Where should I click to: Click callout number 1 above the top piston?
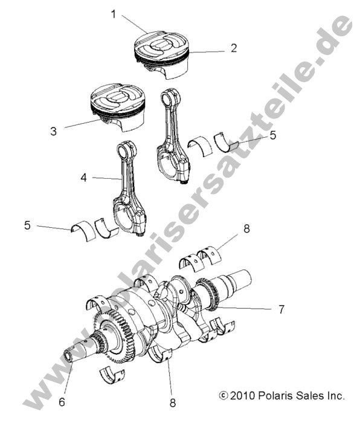click(x=113, y=13)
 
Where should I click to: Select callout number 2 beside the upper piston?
click(x=233, y=48)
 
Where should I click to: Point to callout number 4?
click(x=84, y=178)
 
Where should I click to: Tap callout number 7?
click(x=281, y=309)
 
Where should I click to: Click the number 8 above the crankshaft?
click(x=246, y=229)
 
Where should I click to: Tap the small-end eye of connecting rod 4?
click(x=126, y=149)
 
